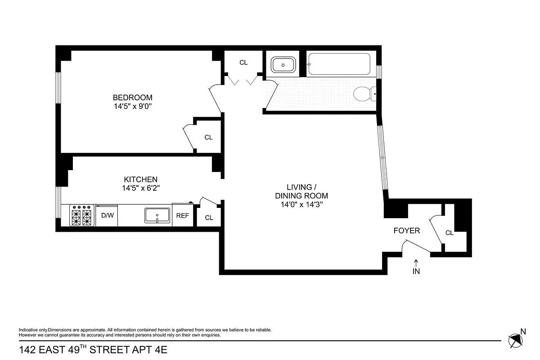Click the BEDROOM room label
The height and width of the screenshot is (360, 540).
pos(132,97)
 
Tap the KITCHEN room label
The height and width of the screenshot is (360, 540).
pos(141,179)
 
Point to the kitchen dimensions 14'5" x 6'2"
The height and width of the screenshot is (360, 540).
pos(141,189)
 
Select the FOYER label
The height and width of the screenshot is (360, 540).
pos(406,231)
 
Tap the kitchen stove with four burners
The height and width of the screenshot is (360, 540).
pos(82,215)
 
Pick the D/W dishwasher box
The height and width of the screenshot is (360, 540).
pos(107,216)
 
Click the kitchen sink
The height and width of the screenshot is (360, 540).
pos(157,215)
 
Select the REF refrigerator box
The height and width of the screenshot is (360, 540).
pos(182,216)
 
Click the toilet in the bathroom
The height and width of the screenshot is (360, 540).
pos(364,94)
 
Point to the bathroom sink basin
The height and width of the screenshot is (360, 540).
pos(283,64)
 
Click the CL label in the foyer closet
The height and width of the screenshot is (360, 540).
pos(449,233)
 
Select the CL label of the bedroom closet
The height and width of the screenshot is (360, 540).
pos(208,137)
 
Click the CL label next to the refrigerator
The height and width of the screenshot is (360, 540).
pos(209,218)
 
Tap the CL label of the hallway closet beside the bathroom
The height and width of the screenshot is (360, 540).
pos(243,63)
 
